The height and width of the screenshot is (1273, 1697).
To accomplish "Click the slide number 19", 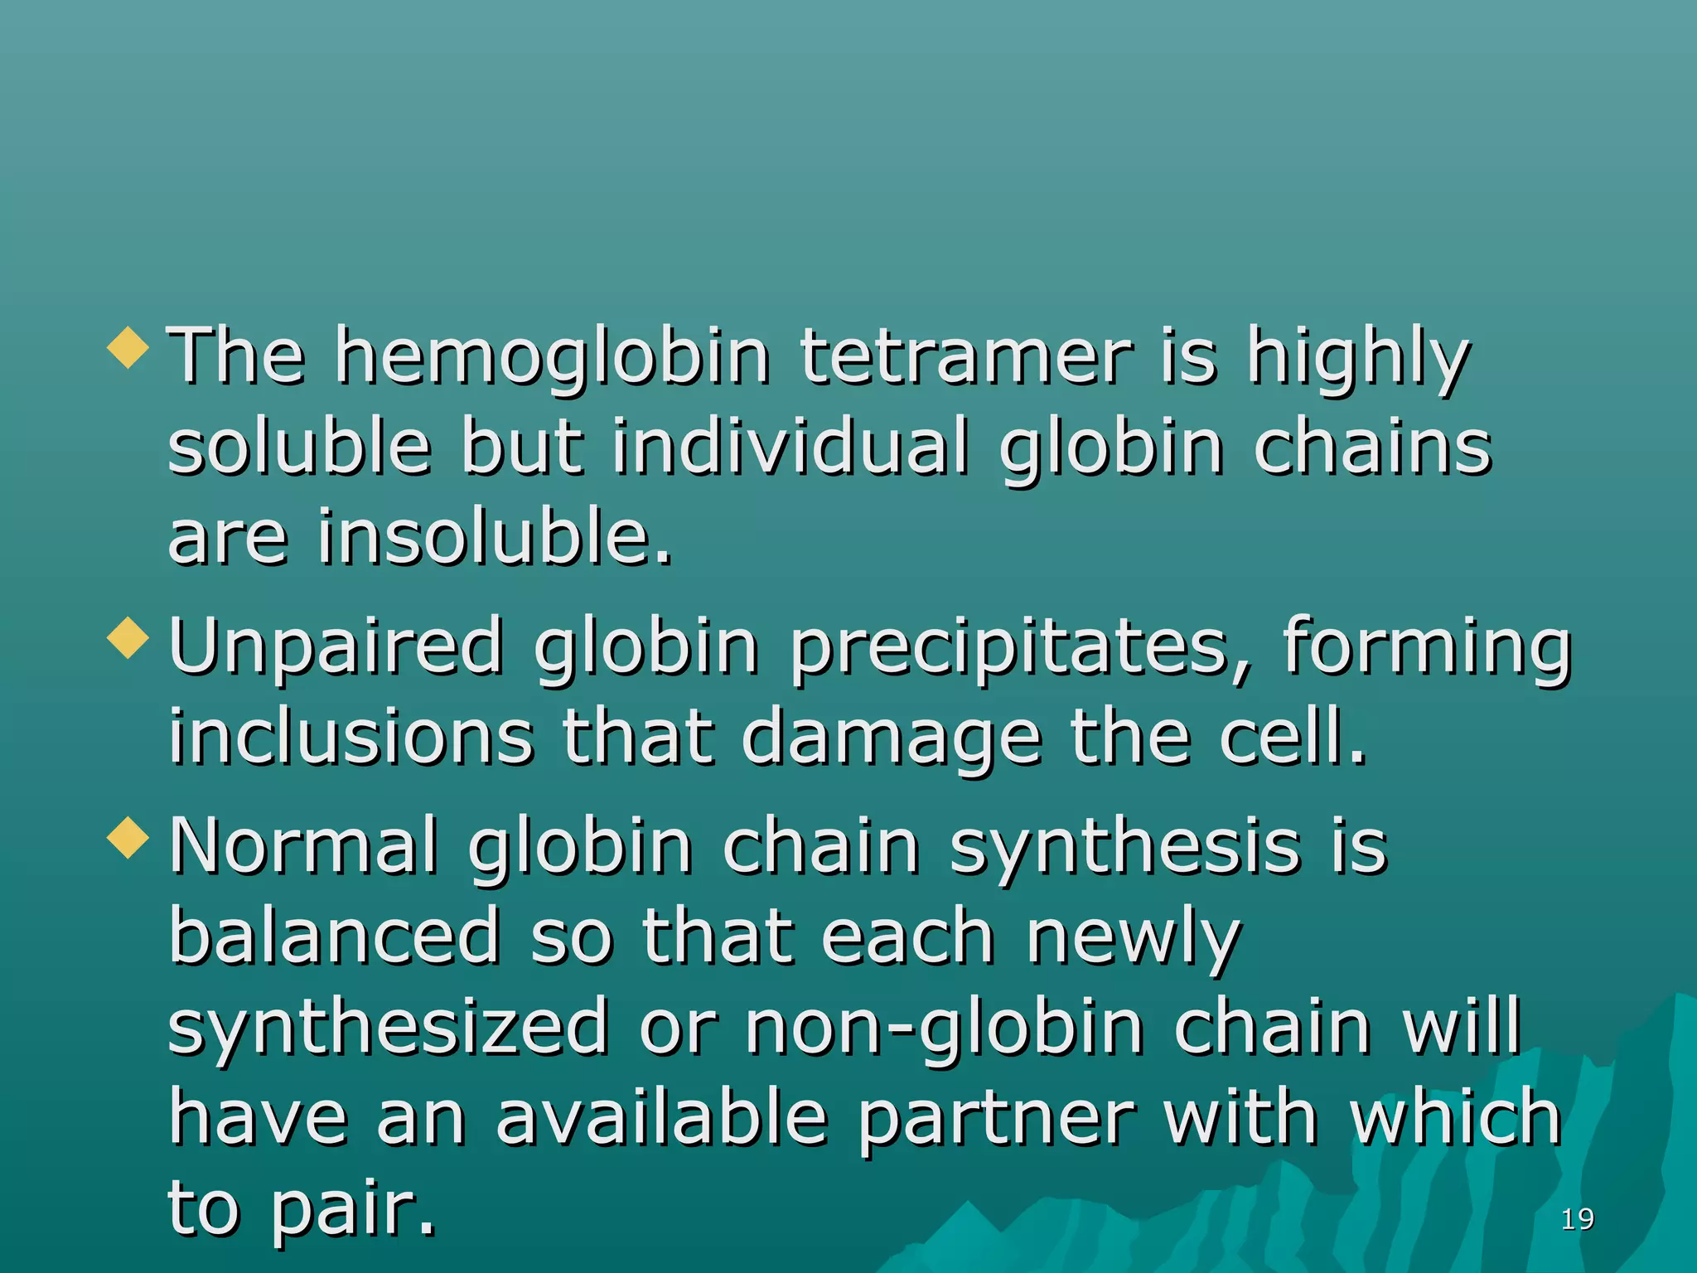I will [1577, 1219].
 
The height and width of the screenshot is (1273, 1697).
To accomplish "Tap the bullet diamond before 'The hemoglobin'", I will [128, 347].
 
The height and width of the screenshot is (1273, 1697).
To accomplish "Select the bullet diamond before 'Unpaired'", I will [128, 638].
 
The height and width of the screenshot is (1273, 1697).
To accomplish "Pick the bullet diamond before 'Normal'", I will [128, 837].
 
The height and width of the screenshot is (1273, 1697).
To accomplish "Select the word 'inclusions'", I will [351, 737].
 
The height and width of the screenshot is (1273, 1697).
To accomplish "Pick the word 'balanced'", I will [335, 936].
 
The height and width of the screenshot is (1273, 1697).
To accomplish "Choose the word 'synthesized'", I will [388, 1029].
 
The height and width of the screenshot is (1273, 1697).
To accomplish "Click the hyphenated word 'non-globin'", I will [945, 1029].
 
